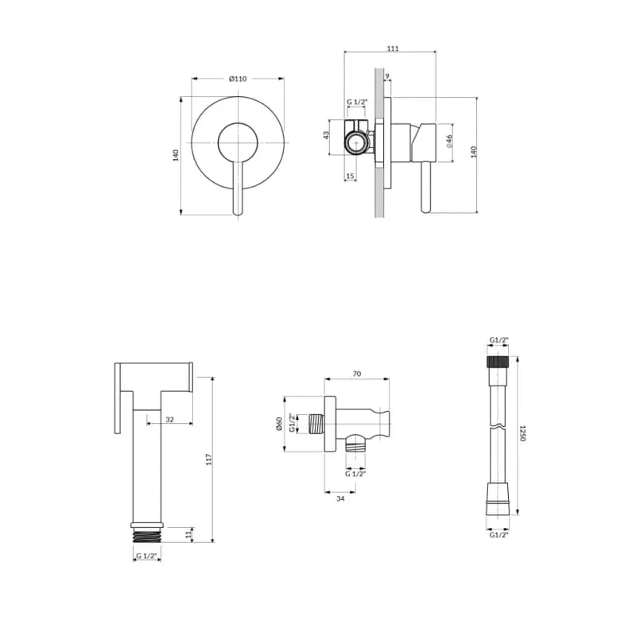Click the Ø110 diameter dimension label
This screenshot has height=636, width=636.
pos(238,79)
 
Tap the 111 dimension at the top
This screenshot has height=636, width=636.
pos(393,48)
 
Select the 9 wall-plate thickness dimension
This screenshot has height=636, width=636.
pos(387,76)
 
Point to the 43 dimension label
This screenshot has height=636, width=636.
pos(326,134)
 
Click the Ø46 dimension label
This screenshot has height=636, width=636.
pos(449,142)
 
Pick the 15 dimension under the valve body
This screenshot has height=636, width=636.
pos(350,176)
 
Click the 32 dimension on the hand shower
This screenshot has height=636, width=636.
pos(169,420)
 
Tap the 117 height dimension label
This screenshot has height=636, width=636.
pos(209,460)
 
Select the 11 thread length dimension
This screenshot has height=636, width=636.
pos(188,534)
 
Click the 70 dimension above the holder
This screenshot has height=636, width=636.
pos(356,374)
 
